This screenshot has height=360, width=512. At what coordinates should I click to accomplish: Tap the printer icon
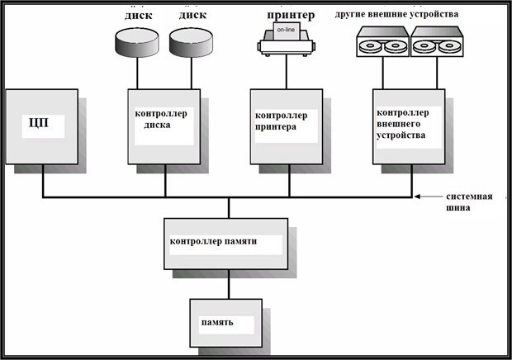click(287, 40)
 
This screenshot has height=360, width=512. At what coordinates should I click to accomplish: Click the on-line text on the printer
click(285, 32)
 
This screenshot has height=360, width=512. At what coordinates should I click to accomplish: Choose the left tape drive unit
click(381, 43)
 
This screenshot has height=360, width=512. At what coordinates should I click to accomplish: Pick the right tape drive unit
click(436, 43)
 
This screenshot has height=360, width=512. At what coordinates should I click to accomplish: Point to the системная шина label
click(470, 202)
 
